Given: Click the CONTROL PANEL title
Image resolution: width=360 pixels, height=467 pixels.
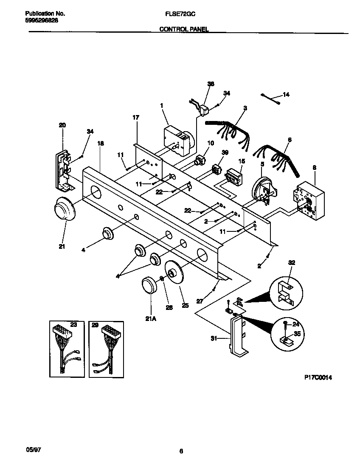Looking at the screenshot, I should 184,29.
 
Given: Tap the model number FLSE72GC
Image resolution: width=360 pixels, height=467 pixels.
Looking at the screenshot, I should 180,14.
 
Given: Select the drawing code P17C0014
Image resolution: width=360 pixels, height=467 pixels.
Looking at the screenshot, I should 318,376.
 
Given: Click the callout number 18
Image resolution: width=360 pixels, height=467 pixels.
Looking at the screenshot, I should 100,143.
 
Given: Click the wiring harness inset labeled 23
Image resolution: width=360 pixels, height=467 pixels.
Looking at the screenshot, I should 66,347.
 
